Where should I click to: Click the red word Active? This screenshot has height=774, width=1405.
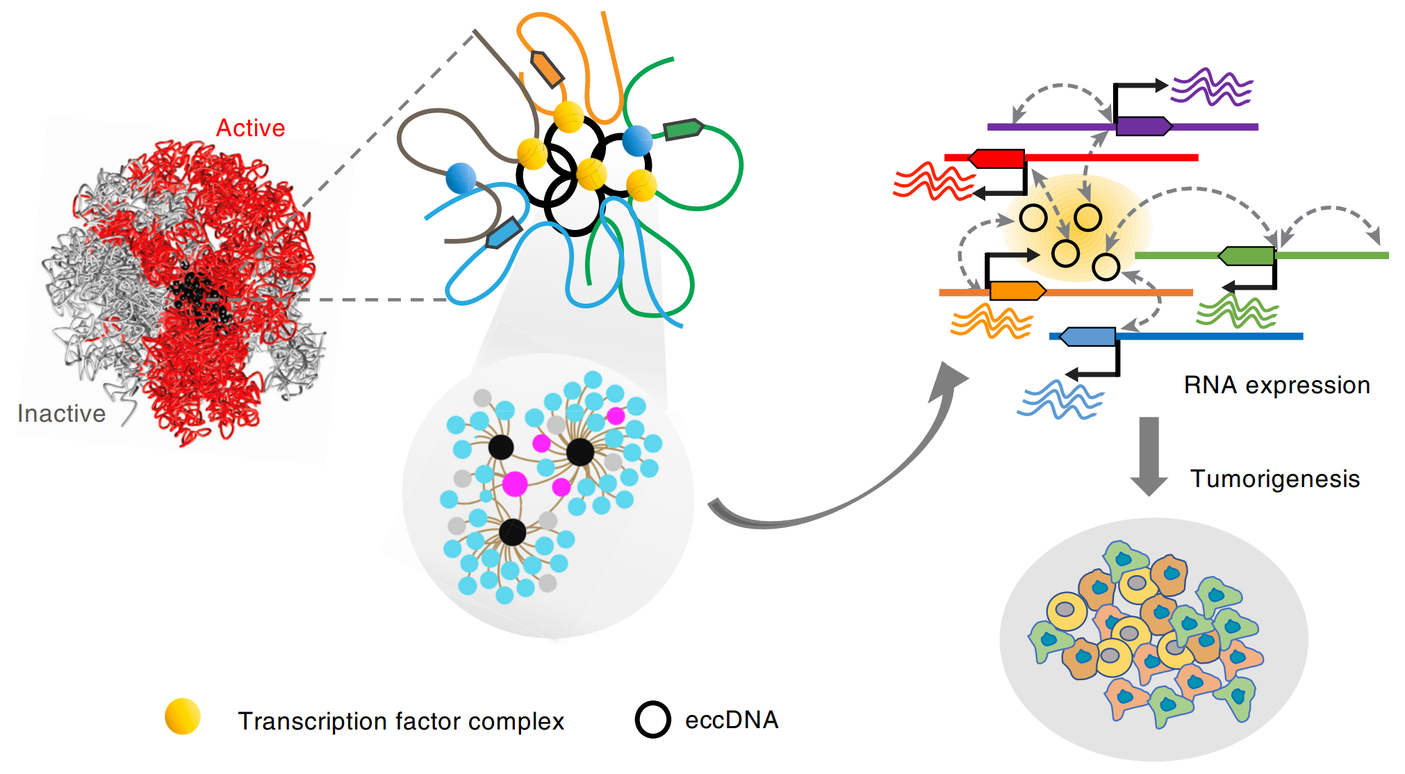coord(250,128)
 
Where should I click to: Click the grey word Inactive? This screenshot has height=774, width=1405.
coord(61,413)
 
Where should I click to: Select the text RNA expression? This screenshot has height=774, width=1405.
coord(1276,385)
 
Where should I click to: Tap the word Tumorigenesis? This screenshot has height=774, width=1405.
coord(1274,479)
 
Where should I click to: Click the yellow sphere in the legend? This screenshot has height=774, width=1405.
coord(183,716)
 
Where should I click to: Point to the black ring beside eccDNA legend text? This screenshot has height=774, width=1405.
coord(652,720)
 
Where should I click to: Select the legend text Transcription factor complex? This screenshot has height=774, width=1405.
coord(400,721)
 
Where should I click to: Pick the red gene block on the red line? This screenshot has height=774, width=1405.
coord(997,158)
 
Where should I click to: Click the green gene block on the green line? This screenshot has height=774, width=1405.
coord(1247,256)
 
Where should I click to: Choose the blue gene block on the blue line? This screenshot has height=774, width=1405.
coord(1087,337)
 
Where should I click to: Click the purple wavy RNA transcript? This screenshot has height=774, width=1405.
coord(1212,88)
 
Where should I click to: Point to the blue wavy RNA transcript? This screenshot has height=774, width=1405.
coord(1060,400)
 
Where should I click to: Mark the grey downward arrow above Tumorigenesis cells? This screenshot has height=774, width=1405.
coord(1149,456)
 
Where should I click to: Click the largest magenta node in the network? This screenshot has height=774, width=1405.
coord(515,484)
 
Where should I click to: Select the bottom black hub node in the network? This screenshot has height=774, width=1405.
coord(513,533)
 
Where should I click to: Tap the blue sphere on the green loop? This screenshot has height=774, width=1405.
coord(637,141)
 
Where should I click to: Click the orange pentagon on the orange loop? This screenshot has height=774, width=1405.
coord(548,69)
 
